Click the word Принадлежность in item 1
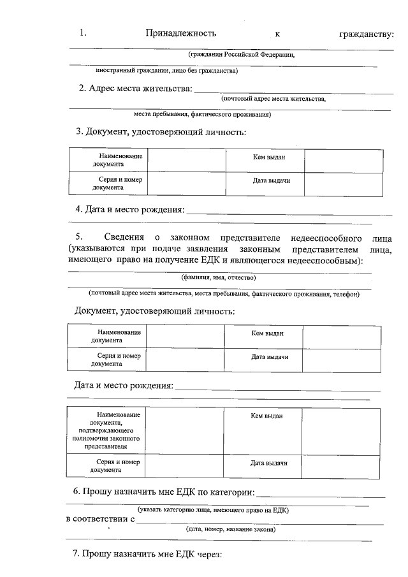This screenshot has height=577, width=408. coord(181,33)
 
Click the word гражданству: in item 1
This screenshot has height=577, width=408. coord(367,33)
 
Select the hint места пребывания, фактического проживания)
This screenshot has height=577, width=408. coord(203,115)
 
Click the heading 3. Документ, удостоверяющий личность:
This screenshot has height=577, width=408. coord(161,132)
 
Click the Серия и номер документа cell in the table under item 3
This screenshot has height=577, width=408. coord(108,184)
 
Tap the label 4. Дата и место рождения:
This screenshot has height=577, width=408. coord(130,209)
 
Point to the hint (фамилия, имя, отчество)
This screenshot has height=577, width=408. coord(219,278)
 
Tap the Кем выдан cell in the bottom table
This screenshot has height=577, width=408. coord(266,416)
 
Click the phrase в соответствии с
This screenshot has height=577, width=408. coord(100,520)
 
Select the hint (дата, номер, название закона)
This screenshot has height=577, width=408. coord(231,529)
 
